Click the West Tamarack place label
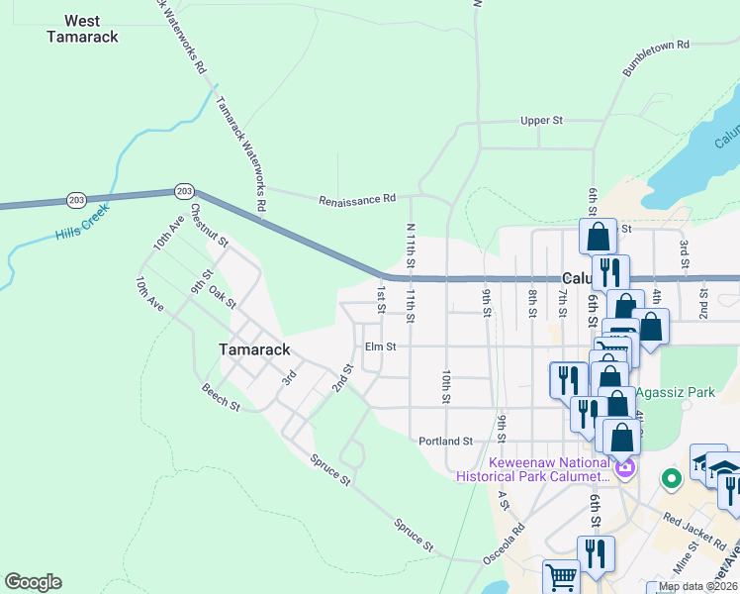83,29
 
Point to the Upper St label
541,121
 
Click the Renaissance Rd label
357,200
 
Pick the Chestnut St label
210,226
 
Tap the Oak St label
223,298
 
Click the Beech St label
221,398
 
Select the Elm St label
380,346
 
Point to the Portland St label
446,441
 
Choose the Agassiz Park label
675,393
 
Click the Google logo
33,582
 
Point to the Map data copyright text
697,586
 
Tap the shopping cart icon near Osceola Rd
561,577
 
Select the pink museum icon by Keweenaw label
623,467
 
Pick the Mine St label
685,564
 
